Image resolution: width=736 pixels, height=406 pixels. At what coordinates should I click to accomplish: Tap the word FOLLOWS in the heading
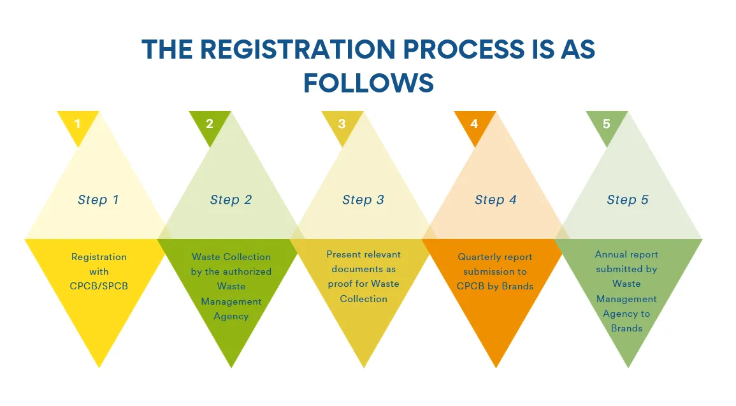coord(368,83)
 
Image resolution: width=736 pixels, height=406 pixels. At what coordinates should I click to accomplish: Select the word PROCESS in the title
coord(463,49)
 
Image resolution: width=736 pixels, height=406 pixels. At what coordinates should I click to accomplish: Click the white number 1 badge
coord(78,124)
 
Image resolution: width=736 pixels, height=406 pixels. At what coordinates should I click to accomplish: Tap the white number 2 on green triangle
coord(210,124)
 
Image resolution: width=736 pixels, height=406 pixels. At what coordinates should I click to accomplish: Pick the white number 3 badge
coord(342,124)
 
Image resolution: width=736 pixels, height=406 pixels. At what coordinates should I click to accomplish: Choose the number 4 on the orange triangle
coord(474,124)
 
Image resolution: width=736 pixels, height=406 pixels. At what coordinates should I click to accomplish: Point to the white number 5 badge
coord(607,124)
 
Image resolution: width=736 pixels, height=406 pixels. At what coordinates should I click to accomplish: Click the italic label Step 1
coord(98,200)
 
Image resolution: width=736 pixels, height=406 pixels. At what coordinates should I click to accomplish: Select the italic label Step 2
coord(231,200)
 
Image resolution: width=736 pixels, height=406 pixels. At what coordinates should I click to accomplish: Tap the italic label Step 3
coord(363,200)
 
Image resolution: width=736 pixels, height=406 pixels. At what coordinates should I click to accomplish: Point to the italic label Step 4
coord(496,200)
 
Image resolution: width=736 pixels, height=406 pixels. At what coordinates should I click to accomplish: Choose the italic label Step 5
coord(628,200)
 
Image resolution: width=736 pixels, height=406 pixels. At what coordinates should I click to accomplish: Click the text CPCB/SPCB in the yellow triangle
coord(99,286)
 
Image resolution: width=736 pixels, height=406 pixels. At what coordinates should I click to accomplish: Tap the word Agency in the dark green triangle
coord(231,316)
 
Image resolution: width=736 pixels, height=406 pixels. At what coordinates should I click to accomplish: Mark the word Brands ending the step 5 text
coord(626,328)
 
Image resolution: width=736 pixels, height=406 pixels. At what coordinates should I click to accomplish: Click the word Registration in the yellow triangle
coord(99,257)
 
